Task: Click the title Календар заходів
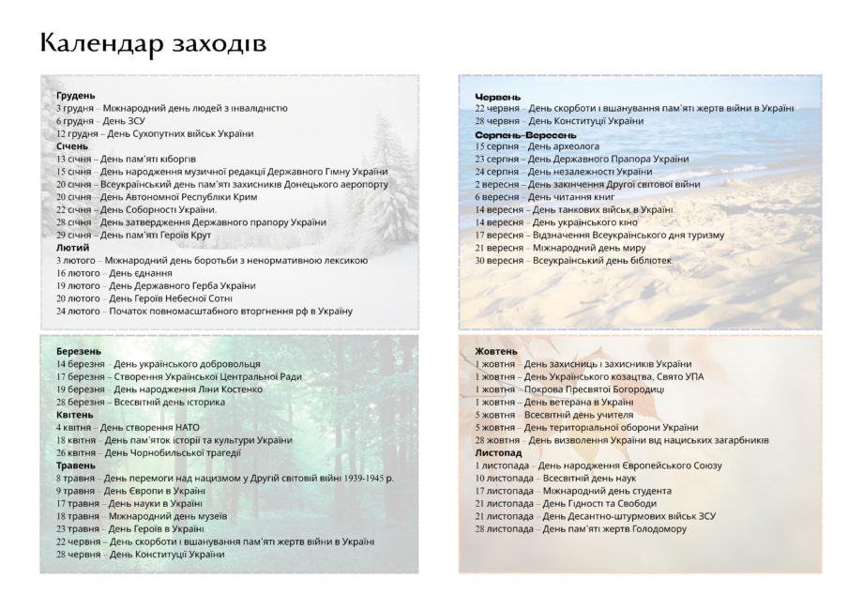coord(153,43)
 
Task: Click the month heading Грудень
coord(75,95)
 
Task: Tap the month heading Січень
coord(72,145)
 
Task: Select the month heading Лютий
coord(72,247)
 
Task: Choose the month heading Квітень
coord(75,414)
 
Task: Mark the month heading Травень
coord(76,465)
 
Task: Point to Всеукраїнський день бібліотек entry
coord(573,260)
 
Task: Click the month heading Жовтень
coord(495,351)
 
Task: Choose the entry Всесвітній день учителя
coord(553,414)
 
